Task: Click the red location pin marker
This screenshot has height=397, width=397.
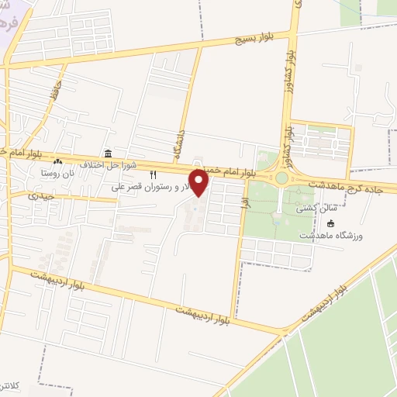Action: coord(199,183)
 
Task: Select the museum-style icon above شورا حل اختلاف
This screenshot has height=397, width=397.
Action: coord(107,154)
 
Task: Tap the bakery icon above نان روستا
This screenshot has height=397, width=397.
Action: coord(81,162)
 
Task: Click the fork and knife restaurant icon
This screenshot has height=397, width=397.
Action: coord(153,174)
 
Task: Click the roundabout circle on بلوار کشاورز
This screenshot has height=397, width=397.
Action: coord(281,178)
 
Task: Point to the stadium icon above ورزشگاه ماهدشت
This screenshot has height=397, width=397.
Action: coord(332,224)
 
